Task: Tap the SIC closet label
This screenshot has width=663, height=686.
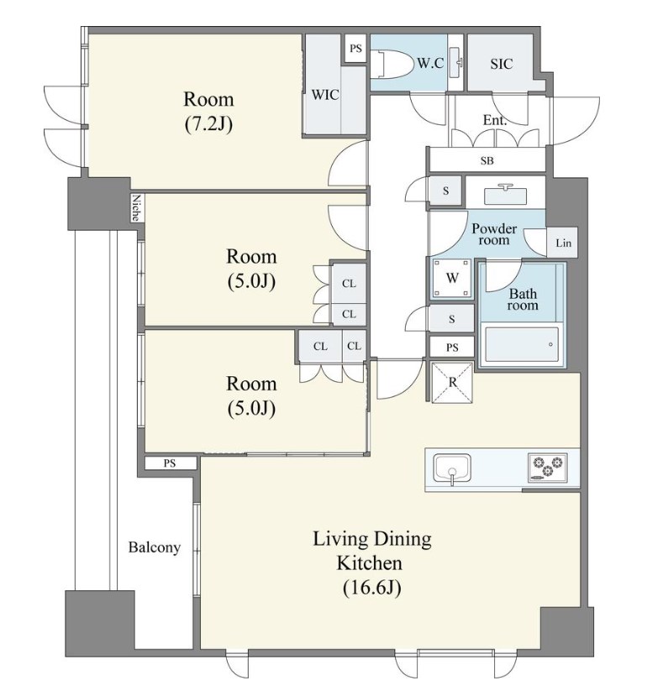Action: coord(501,64)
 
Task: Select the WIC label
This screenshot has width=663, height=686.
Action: coord(325,95)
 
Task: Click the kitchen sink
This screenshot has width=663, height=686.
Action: coord(452,469)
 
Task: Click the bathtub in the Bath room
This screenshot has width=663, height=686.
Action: coord(522,345)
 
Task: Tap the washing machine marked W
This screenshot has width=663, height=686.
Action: coord(452,277)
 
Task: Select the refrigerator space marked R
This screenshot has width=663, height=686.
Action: coord(452,382)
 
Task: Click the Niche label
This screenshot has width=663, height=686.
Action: coord(136,207)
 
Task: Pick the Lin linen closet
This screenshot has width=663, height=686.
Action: coord(562,243)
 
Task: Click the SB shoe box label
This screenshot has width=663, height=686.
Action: coord(487,160)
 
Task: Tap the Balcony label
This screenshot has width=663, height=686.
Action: coord(154,547)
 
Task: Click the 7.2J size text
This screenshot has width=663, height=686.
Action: coord(208,124)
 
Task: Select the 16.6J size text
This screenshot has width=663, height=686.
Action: coord(371,588)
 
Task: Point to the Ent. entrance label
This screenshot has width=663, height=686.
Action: coord(494,119)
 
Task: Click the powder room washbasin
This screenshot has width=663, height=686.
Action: coord(505,194)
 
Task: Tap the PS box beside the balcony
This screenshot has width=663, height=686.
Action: coord(170,463)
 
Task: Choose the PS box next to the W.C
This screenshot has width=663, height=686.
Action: coord(355,49)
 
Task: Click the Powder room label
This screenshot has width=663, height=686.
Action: coord(494,234)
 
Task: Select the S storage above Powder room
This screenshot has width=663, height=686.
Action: coord(445,191)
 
